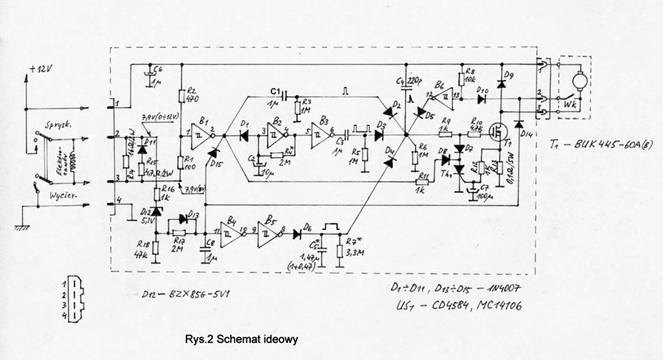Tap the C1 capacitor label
[x=277, y=90]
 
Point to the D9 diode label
[x=509, y=76]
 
